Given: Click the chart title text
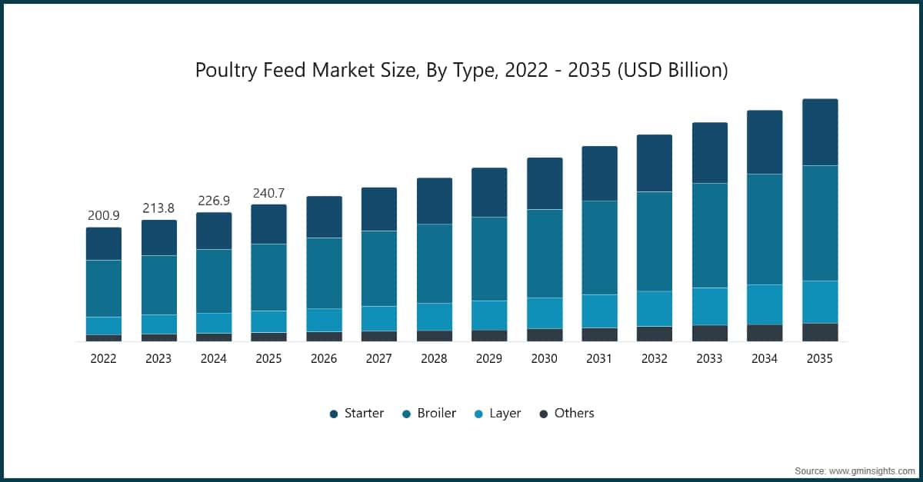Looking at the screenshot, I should [x=461, y=71].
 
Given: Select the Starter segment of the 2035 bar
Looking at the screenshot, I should [x=820, y=132].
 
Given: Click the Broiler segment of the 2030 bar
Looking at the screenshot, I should [x=545, y=253].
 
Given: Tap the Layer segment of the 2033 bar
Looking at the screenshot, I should [x=710, y=306].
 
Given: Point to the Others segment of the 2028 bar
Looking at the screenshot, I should [x=435, y=336].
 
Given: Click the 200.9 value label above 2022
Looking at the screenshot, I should [x=104, y=215].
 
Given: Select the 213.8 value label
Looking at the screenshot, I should [x=158, y=208].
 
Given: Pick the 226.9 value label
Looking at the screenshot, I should [x=214, y=201].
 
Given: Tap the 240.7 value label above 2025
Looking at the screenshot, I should [x=268, y=193].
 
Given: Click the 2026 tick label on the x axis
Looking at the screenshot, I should [x=324, y=358].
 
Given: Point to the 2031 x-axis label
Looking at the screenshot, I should [x=599, y=358].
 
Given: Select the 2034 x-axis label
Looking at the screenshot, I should [x=765, y=358].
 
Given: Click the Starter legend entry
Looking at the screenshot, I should [x=356, y=414].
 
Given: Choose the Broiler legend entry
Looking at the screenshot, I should [x=428, y=414].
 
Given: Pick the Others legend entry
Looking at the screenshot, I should [x=566, y=414].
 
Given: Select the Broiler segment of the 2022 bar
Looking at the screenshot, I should [x=104, y=288].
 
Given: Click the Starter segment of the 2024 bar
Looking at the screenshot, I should [x=214, y=231].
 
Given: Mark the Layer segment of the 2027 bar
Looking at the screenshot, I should [x=379, y=318].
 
